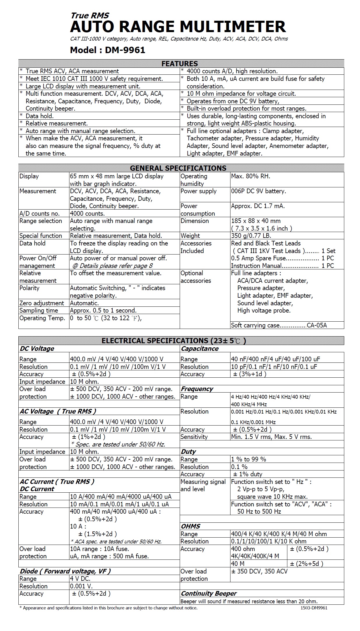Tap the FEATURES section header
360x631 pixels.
click(180, 64)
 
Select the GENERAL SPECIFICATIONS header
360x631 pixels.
click(178, 168)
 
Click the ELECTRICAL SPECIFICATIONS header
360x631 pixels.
click(174, 341)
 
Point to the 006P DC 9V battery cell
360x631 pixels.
click(258, 191)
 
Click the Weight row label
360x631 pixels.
click(190, 236)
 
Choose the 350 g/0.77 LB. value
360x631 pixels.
click(251, 236)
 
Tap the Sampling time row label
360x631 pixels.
click(39, 311)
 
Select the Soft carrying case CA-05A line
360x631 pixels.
click(279, 325)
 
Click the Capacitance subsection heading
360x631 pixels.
click(200, 348)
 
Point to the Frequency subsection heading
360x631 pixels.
click(197, 389)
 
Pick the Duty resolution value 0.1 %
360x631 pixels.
click(239, 467)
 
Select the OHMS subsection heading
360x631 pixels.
click(191, 526)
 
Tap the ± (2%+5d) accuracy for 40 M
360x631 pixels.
click(307, 564)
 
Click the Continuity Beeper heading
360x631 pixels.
click(209, 593)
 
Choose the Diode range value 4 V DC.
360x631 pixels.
click(80, 578)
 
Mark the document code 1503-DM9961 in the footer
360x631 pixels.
click(314, 608)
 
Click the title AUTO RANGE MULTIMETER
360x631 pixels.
click(178, 27)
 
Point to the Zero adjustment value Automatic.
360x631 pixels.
click(84, 303)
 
